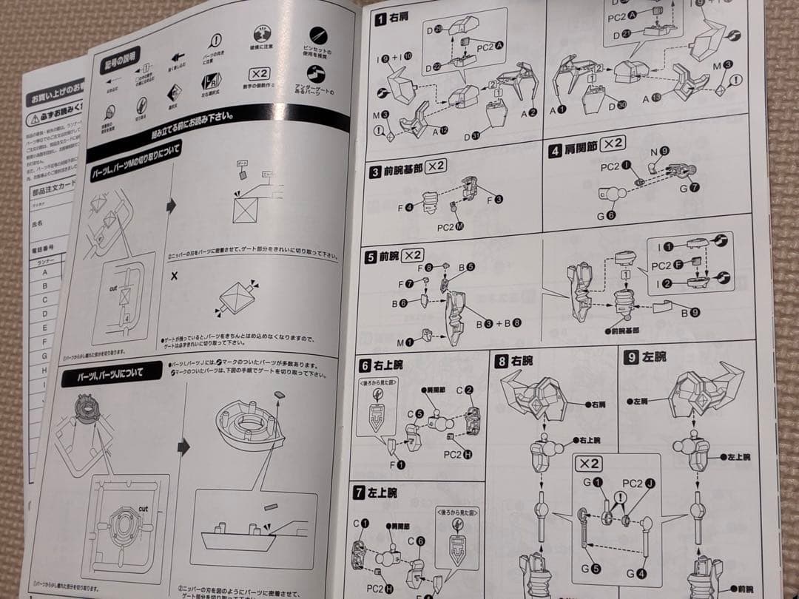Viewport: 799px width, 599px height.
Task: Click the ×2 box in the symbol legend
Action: tap(259, 75)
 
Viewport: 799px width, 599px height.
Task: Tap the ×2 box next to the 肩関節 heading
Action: tap(613, 144)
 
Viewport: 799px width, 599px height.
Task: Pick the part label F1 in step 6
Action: tap(397, 465)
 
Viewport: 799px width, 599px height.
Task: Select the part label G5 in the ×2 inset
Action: tap(590, 569)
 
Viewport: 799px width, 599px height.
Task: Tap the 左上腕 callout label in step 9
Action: tap(738, 458)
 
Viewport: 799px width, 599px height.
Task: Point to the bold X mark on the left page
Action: tap(174, 276)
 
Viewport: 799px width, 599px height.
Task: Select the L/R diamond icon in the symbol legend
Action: tap(175, 92)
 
